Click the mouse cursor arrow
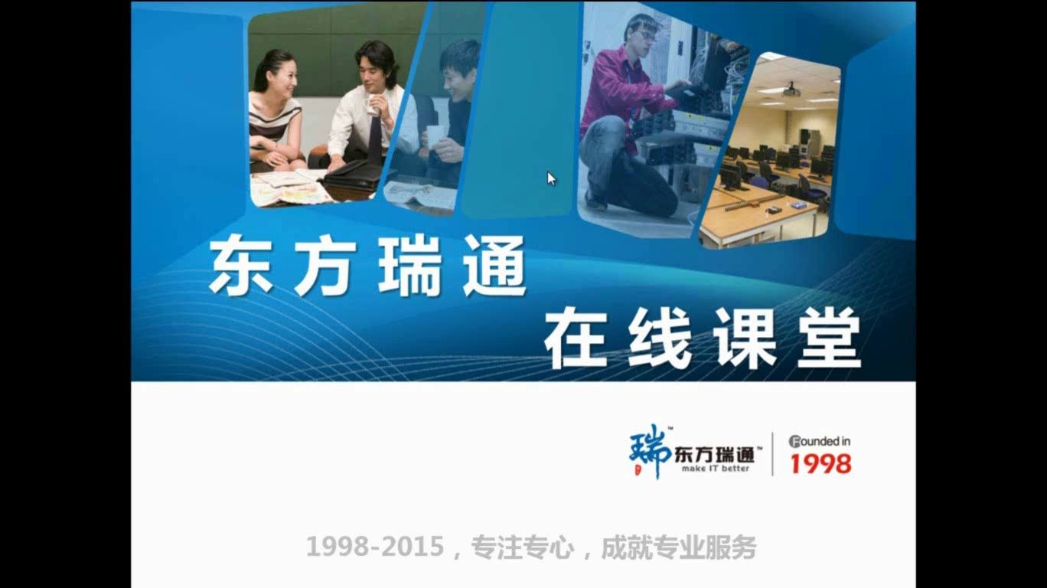point(550,178)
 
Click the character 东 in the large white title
point(240,266)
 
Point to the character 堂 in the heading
point(829,338)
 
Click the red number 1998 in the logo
point(820,463)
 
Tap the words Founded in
point(820,441)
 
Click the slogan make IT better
point(716,469)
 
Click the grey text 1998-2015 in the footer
point(374,547)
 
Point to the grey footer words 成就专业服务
point(679,547)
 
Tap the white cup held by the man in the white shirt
point(372,106)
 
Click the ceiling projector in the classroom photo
point(791,90)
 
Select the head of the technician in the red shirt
point(641,32)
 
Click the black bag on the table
point(354,175)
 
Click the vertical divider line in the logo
point(772,453)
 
